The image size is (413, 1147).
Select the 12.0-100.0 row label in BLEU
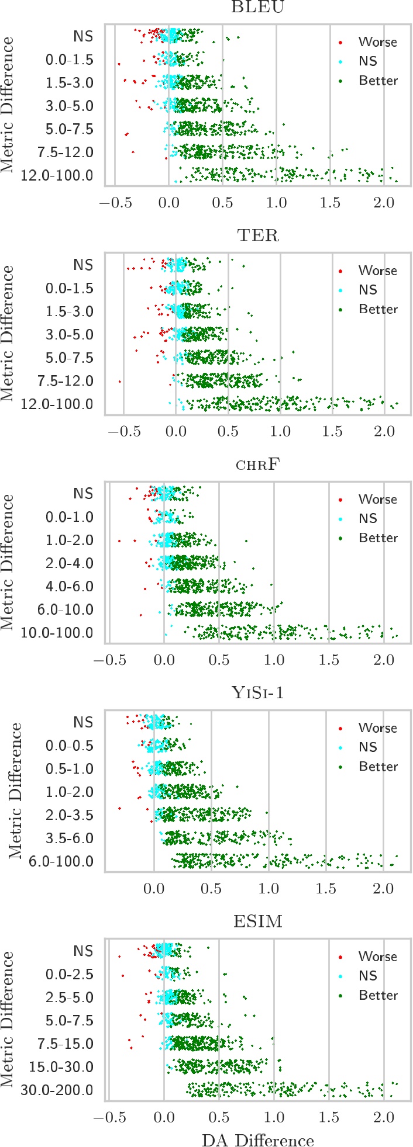pyautogui.click(x=57, y=175)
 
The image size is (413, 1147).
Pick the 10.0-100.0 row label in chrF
pyautogui.click(x=57, y=633)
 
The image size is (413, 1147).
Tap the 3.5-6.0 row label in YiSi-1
pyautogui.click(x=69, y=838)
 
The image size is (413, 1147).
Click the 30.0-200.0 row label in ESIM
pyautogui.click(x=57, y=1090)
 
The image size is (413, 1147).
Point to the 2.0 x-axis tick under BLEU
pyautogui.click(x=384, y=202)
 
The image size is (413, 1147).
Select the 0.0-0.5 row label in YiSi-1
pyautogui.click(x=69, y=746)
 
